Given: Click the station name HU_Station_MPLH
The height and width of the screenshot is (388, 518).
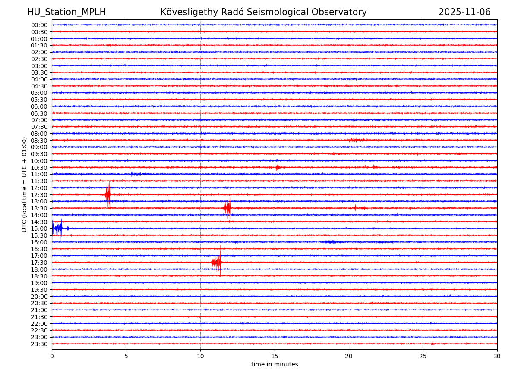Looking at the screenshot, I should pos(66,12).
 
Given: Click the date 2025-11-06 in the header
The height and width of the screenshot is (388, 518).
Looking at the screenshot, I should pos(464,12).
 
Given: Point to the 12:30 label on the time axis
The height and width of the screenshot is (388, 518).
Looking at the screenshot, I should pos(39,195).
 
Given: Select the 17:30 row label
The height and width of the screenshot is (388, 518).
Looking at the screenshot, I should pos(39,263).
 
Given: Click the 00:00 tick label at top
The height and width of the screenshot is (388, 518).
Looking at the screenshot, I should pos(39,25).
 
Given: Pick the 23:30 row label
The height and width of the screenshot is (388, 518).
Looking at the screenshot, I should pos(39,344).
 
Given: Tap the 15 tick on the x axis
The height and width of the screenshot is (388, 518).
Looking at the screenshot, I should pos(275,356).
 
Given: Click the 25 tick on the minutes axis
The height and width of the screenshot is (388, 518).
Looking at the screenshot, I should pos(423,356).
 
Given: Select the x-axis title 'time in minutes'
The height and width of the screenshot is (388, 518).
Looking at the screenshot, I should pos(275,365).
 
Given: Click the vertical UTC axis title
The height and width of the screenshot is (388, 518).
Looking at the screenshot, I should pos(25,185).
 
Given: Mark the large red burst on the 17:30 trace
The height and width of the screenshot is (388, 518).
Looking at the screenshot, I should pos(217,262).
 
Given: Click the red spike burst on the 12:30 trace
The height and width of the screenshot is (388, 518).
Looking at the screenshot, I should pos(107,194).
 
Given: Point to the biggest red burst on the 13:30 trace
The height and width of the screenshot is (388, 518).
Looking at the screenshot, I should pos(227,208).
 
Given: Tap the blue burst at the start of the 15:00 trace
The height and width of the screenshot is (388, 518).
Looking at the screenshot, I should pos(57,228).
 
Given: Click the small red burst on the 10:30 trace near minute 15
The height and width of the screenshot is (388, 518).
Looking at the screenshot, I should pos(278,167).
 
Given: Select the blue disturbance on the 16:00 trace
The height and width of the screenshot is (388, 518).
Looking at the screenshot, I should pos(331,242).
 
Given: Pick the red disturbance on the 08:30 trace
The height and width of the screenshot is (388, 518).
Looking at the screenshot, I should pos(356,140).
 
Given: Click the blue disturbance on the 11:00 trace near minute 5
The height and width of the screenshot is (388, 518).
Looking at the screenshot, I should pos(135,174).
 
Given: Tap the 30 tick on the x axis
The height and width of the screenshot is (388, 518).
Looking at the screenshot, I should pos(497,356).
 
